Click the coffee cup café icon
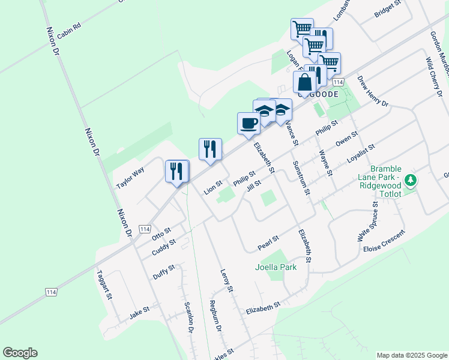pyautogui.click(x=249, y=124)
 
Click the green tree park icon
pyautogui.click(x=411, y=179)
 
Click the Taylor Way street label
pyautogui.click(x=130, y=179)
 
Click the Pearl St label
pyautogui.click(x=268, y=242)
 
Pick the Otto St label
pyautogui.click(x=161, y=232)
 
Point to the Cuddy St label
pyautogui.click(x=163, y=247)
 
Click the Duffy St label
pyautogui.click(x=163, y=272)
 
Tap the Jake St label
pyautogui.click(x=139, y=313)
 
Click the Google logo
pyautogui.click(x=20, y=353)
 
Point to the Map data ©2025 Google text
pyautogui.click(x=411, y=355)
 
